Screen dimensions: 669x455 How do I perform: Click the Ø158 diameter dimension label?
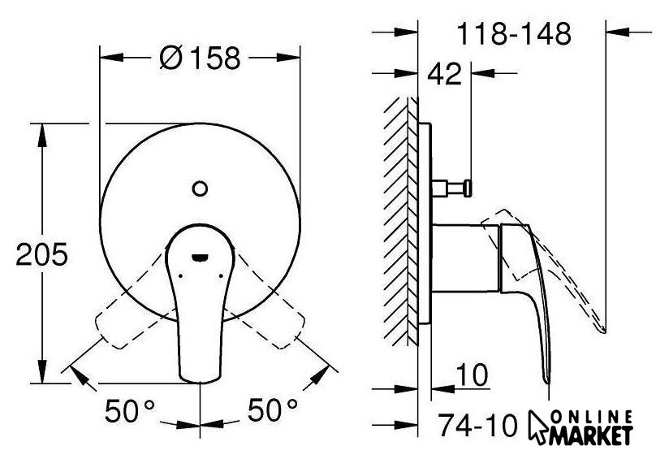pos(200,58)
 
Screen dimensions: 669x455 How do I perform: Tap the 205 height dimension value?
pos(42,254)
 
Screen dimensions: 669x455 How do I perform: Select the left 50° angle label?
pos(130,410)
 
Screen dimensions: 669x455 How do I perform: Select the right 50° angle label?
pos(273,410)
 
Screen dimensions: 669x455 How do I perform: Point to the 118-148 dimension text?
pos(514,34)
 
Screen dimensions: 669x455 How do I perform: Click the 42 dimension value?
pos(445,74)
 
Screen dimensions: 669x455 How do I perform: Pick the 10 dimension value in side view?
pos(472,375)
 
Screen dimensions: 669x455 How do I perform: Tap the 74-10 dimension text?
pos(478,425)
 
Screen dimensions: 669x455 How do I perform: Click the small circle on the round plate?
pos(200,188)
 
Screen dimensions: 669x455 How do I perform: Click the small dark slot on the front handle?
pos(200,258)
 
